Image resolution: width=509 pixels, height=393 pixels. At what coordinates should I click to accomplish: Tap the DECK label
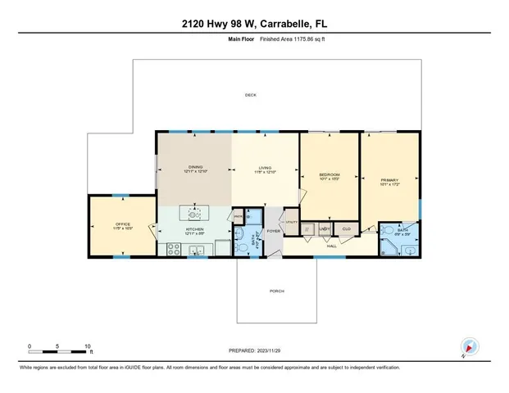point(251,96)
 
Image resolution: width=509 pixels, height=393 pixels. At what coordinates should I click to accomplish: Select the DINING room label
point(193,168)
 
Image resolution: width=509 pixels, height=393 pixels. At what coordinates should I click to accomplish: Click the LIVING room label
point(265,168)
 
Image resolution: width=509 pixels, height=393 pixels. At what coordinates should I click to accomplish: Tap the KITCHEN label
point(193,230)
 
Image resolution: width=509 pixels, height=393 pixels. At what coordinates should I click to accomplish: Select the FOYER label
point(272,232)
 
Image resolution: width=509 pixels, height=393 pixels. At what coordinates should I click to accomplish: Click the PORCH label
point(277,291)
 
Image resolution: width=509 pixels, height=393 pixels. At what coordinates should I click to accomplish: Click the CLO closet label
point(347,228)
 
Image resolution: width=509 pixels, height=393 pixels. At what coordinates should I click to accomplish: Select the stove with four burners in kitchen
point(173,250)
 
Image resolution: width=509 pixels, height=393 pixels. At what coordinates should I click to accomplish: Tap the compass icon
point(468,347)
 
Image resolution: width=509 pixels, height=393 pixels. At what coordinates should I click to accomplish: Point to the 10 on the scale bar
point(86,346)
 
